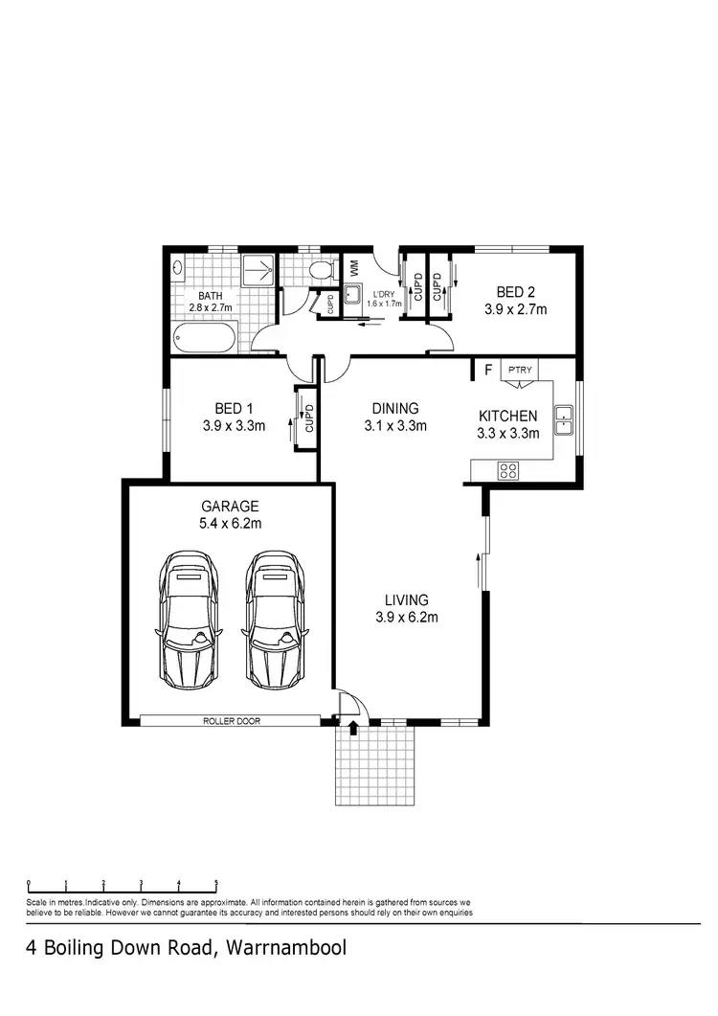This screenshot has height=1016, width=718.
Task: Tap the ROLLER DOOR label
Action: (x=230, y=720)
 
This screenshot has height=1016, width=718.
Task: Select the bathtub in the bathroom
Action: (x=206, y=337)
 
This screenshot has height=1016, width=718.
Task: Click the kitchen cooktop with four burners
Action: (x=507, y=470)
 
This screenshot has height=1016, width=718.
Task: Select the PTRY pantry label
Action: (x=520, y=370)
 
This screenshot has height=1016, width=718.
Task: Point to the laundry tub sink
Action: (x=352, y=294)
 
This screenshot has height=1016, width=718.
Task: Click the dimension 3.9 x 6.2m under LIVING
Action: (x=407, y=617)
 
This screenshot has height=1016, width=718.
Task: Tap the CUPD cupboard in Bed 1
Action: (x=308, y=418)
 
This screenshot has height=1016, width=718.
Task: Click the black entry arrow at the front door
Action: (x=353, y=729)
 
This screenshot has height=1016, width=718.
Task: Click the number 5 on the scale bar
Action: (x=216, y=883)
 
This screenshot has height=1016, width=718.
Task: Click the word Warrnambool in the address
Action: (x=285, y=949)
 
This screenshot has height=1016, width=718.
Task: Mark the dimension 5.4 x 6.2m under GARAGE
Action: (x=230, y=523)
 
